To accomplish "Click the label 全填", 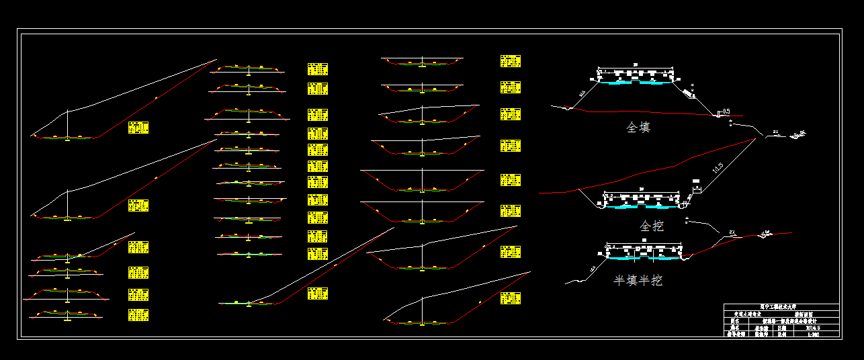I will (x=638, y=127).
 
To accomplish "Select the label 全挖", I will (x=651, y=226).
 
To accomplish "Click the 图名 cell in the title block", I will (x=736, y=322).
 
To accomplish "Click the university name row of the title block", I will (x=782, y=307).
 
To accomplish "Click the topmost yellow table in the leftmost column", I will (x=138, y=128).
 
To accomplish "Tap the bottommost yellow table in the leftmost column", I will (x=138, y=315).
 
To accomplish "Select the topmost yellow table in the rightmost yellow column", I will (x=511, y=61).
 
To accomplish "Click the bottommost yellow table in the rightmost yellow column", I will (x=511, y=298).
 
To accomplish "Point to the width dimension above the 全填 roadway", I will (x=635, y=66).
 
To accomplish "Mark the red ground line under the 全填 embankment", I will (x=645, y=112).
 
